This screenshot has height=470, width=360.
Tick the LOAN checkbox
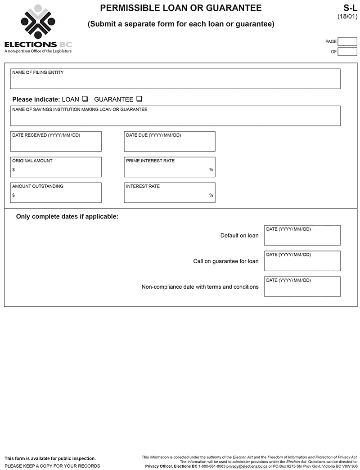[x=85, y=99]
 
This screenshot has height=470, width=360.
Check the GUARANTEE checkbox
[x=139, y=99]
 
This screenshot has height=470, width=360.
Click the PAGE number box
[x=347, y=41]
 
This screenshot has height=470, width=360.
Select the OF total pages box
[x=347, y=52]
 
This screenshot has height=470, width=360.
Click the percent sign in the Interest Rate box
[x=211, y=195]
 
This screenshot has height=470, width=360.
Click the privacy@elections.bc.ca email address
[x=247, y=466]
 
